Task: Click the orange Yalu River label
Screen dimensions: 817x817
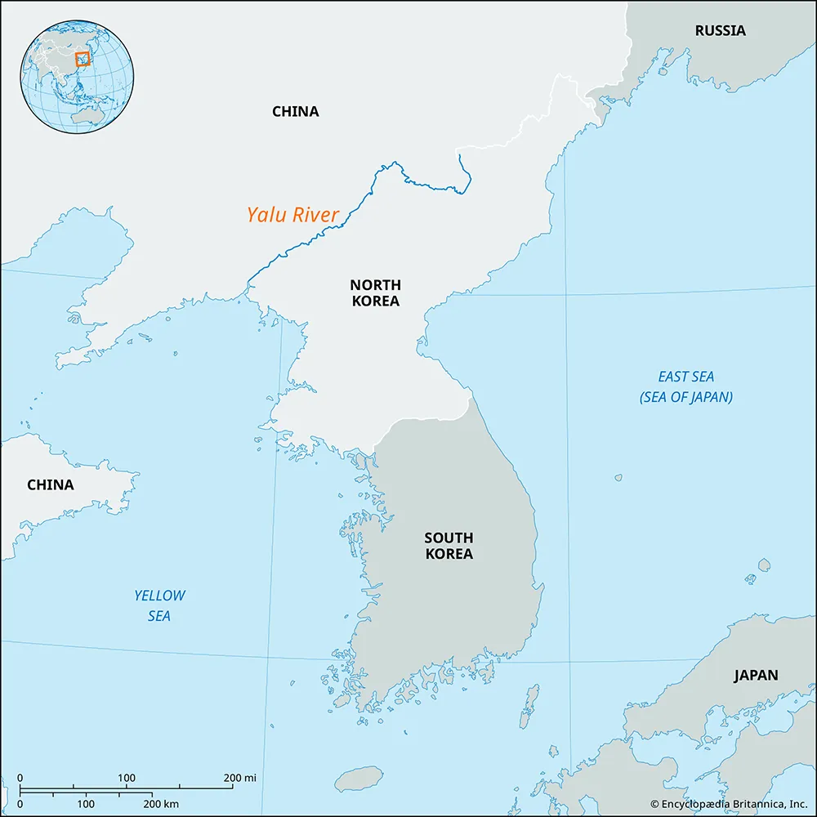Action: [292, 215]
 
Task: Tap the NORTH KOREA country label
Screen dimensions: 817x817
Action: [375, 292]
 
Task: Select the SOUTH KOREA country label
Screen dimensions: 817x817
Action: [448, 545]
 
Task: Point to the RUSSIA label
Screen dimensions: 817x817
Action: [720, 31]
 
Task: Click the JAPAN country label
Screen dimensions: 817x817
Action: [755, 676]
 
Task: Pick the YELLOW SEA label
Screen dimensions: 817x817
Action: [159, 605]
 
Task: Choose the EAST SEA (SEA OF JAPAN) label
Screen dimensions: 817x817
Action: [685, 386]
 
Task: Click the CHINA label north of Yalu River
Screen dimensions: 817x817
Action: [295, 111]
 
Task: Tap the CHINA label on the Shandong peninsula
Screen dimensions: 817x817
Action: [50, 484]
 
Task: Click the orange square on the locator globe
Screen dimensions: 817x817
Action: [82, 59]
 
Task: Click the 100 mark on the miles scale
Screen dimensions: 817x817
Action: [127, 777]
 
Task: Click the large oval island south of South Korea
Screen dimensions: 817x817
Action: [359, 779]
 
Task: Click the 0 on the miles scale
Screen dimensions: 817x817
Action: [20, 777]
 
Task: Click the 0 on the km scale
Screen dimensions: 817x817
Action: [20, 805]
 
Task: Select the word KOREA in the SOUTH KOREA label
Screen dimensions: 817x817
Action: [448, 553]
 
